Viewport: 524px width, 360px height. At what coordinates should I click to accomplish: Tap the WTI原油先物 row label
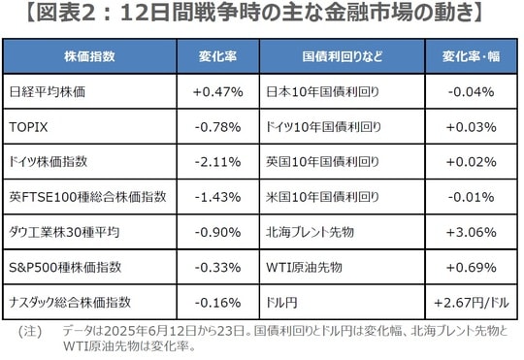[304, 267]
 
